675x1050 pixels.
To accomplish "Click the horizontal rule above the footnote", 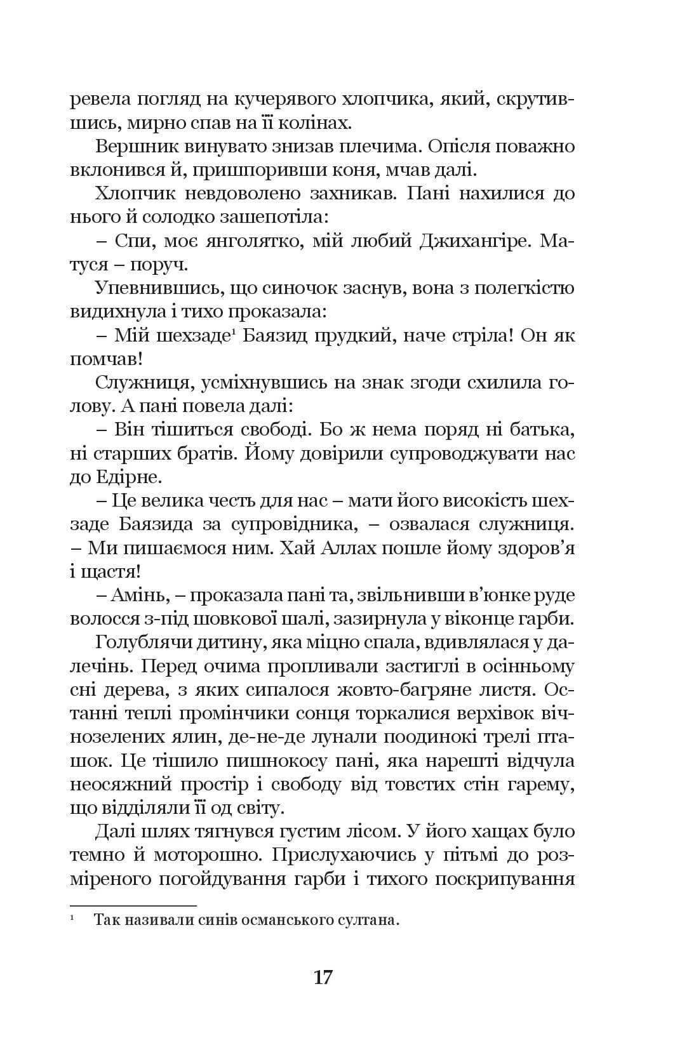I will click(133, 905).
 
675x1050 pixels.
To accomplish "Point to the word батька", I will click(543, 430).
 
